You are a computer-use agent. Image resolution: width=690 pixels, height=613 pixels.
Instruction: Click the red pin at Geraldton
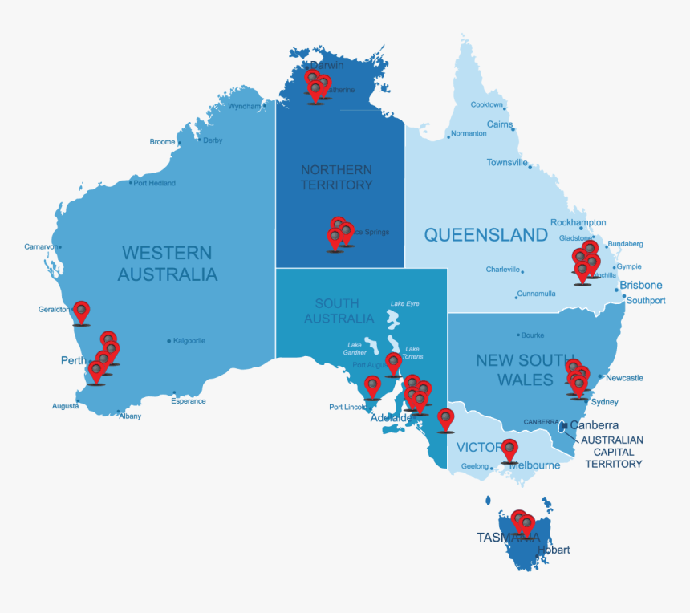tap(81, 311)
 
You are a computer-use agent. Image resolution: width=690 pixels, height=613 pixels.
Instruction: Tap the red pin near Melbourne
tap(509, 449)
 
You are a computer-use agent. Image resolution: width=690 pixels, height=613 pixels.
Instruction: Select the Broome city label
tap(162, 142)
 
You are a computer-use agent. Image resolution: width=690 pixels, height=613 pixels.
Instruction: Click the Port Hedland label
tap(154, 183)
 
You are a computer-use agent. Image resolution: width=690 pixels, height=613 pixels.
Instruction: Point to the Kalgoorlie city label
tap(189, 341)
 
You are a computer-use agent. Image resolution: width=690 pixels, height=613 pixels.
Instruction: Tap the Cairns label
tap(500, 124)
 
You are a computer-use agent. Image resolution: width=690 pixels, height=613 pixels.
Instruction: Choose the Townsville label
tap(507, 163)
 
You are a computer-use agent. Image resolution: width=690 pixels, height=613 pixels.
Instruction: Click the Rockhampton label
tap(578, 222)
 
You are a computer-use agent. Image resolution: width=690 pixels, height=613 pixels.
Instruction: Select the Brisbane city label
tap(640, 285)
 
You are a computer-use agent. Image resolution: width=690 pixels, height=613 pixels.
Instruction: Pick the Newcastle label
tap(624, 378)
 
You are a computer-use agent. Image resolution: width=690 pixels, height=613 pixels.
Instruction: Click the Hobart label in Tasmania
tap(554, 550)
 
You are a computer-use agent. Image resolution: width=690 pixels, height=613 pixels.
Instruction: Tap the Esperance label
tap(188, 401)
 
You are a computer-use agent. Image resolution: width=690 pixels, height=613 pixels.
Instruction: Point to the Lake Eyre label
tap(404, 304)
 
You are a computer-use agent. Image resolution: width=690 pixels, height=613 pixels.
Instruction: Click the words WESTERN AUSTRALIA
tap(167, 264)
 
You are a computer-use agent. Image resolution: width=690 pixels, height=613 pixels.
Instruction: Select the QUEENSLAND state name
tap(485, 235)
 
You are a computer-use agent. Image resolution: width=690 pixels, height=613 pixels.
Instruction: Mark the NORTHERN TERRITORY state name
tap(336, 177)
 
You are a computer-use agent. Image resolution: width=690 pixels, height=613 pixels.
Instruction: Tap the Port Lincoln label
tap(348, 407)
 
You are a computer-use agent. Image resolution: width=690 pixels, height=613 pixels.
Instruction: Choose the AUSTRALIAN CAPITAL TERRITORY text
tap(612, 452)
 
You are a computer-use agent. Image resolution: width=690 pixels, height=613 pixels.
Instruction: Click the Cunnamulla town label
tap(536, 294)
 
